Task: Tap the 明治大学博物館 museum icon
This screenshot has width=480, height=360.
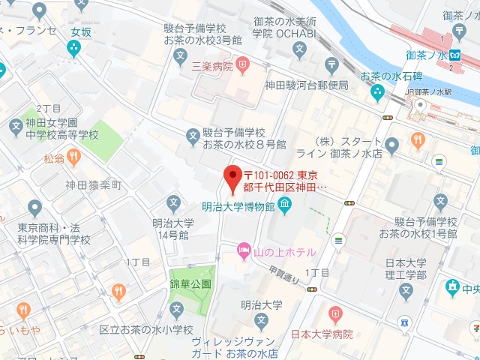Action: click(x=285, y=204)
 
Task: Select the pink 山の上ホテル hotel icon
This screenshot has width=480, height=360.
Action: click(x=244, y=250)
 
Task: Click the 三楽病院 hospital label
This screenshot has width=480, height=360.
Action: click(x=212, y=66)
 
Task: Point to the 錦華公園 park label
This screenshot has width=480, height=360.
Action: click(x=190, y=284)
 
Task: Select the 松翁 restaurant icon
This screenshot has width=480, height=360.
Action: click(x=73, y=157)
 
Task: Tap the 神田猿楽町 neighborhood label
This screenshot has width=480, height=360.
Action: click(x=92, y=185)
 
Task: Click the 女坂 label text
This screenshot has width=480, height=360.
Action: click(x=80, y=32)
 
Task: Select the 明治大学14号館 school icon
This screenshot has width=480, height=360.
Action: click(x=174, y=202)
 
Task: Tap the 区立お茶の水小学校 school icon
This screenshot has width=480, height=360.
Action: click(x=176, y=309)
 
